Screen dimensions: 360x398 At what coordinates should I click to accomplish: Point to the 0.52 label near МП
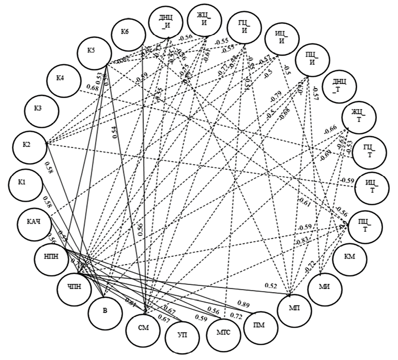tap(271, 286)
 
